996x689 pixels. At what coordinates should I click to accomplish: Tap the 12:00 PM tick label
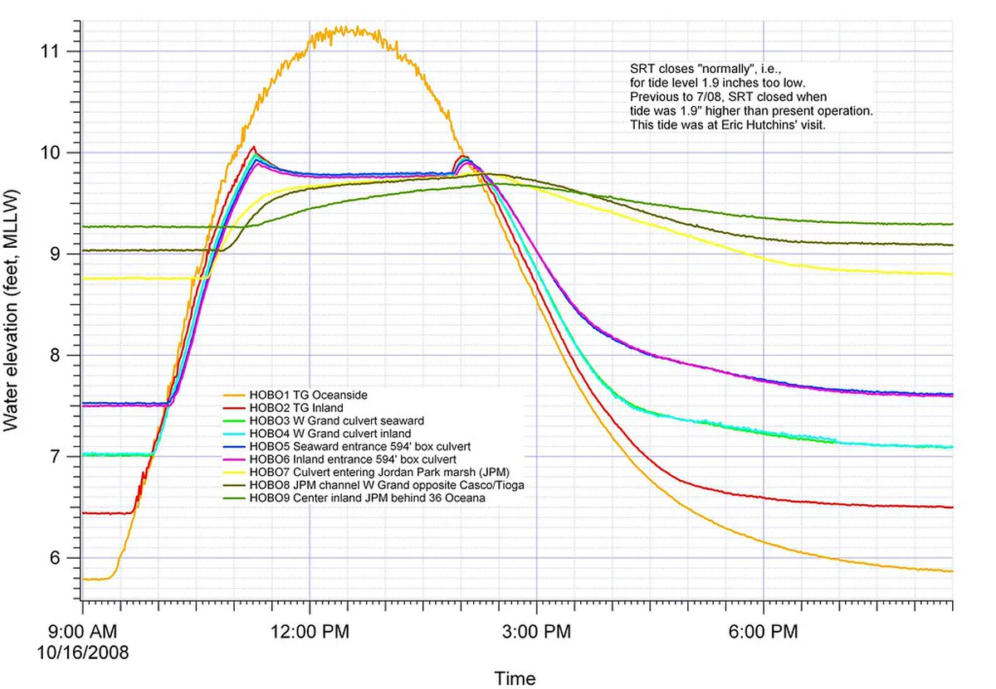(309, 633)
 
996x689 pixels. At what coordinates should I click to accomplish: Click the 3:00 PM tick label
(536, 633)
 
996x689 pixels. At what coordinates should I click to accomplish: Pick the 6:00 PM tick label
(763, 633)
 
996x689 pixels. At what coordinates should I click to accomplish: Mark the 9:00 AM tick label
(83, 633)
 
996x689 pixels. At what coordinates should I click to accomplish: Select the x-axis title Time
(515, 678)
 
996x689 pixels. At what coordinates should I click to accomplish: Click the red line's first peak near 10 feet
(254, 148)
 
